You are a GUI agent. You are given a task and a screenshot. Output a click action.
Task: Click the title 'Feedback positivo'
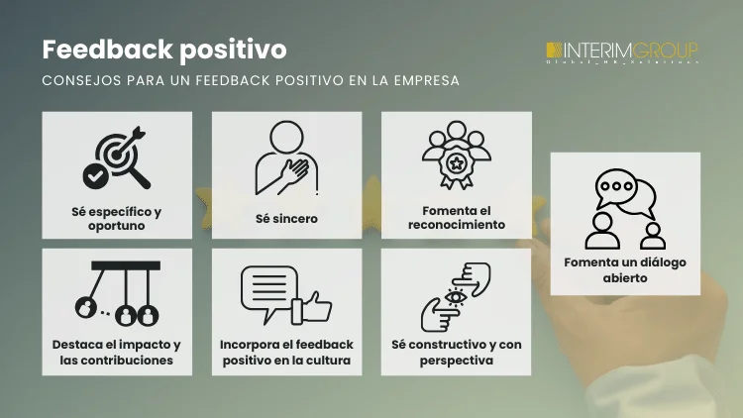coord(163,49)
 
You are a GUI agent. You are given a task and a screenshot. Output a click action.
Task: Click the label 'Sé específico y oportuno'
coord(117,219)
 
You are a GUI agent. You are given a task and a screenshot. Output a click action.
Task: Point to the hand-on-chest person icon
coord(286,158)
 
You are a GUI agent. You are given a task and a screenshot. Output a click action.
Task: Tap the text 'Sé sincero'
coord(286,219)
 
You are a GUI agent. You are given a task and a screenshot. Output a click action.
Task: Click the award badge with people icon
coord(456,156)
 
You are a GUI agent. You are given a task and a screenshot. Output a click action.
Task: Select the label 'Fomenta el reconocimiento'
coord(456,218)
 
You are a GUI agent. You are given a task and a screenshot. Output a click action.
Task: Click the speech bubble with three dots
coord(619,186)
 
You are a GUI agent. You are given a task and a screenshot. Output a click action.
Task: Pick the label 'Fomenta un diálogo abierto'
coord(625,270)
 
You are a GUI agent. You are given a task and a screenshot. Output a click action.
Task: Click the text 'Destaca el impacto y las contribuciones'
coord(117,353)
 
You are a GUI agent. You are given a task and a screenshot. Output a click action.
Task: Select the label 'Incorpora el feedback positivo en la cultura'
coord(286,353)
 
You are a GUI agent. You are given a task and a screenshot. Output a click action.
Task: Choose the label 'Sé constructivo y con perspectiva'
coord(456,353)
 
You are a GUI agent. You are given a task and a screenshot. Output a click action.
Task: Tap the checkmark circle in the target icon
coord(96,176)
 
